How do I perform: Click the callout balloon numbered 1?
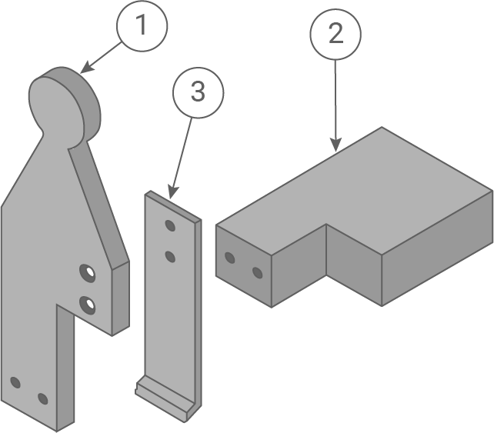(141, 25)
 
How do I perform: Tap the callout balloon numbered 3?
(198, 92)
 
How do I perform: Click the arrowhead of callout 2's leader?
(335, 146)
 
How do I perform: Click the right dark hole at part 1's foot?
(42, 398)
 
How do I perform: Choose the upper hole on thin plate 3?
(170, 225)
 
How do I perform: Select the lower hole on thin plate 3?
(170, 255)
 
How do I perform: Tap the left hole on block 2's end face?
(229, 258)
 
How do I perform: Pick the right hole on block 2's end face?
(257, 273)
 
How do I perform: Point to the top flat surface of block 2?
(362, 192)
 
